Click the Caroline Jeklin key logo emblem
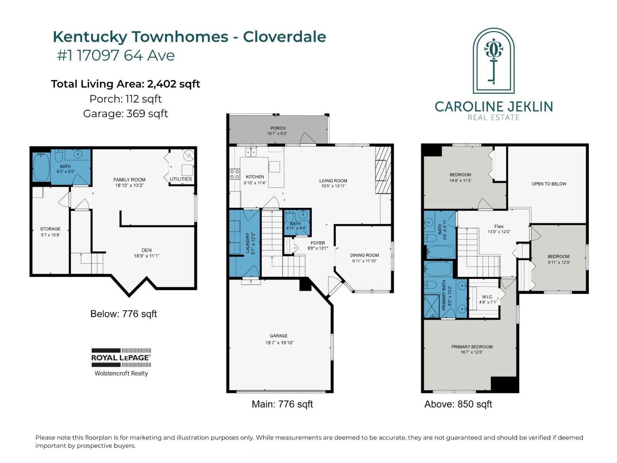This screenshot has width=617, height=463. pos(493,61)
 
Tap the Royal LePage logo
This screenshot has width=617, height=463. pos(121,362)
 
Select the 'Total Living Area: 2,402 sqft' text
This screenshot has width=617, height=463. pos(125,84)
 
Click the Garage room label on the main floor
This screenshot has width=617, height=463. pos(278,336)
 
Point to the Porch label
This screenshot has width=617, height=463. pos(278,128)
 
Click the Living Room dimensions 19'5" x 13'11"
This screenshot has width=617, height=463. pos(334,186)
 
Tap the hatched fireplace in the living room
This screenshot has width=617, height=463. pos(383,171)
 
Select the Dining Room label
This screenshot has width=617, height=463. pos(364,255)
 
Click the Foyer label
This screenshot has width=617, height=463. pos(318,243)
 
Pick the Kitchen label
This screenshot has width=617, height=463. pos(255,177)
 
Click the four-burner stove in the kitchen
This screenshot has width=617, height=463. pos(234,174)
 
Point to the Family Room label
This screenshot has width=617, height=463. pos(129,180)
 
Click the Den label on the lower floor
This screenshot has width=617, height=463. pos(147,250)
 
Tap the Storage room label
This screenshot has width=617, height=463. pos(50,229)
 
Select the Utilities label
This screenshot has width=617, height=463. pos(181,179)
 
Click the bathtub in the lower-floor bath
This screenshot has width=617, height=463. pos(41,167)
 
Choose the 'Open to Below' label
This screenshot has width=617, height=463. pos(549,184)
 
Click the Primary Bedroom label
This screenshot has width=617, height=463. pos(472,347)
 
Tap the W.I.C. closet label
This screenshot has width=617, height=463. pos(487,297)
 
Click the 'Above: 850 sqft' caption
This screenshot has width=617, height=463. pos(458,404)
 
